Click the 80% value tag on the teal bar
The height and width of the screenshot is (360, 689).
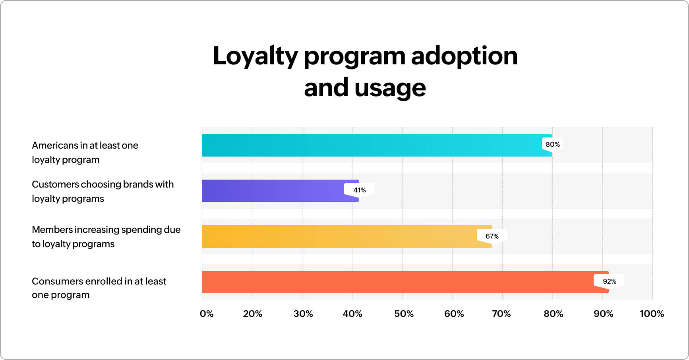tap(553, 144)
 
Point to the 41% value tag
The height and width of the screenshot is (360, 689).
tap(360, 190)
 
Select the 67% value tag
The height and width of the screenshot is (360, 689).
tap(492, 236)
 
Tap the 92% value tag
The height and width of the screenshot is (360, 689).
tap(609, 281)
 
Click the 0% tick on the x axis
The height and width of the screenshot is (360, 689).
tap(207, 314)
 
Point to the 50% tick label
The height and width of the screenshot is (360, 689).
tap(404, 314)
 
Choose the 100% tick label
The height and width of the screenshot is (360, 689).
tap(652, 314)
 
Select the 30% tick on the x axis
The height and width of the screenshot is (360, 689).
tap(303, 314)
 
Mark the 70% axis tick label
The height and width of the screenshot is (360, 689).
tap(501, 314)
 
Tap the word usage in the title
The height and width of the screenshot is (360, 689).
tap(390, 88)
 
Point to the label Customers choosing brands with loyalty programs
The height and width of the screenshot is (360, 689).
tap(103, 191)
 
